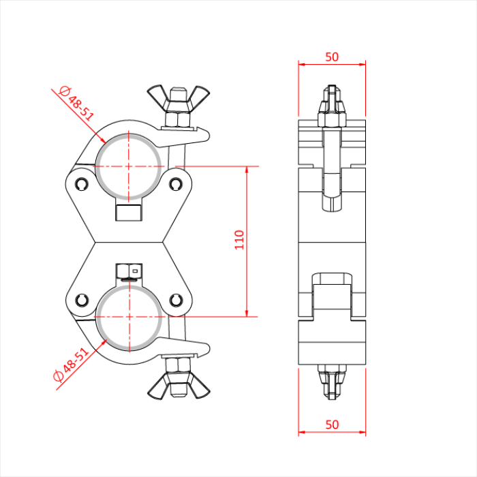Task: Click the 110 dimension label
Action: pyautogui.click(x=239, y=240)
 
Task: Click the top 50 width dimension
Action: pyautogui.click(x=332, y=57)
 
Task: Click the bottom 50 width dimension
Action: pyautogui.click(x=332, y=425)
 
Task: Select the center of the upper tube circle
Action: pyautogui.click(x=129, y=166)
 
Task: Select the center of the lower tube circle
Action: pyautogui.click(x=129, y=317)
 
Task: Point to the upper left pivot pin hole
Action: pyautogui.click(x=82, y=183)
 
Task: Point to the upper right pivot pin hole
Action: pyautogui.click(x=176, y=183)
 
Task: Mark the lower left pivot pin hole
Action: pyautogui.click(x=82, y=300)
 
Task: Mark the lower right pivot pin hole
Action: pyautogui.click(x=176, y=300)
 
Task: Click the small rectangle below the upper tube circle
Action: pyautogui.click(x=129, y=212)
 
